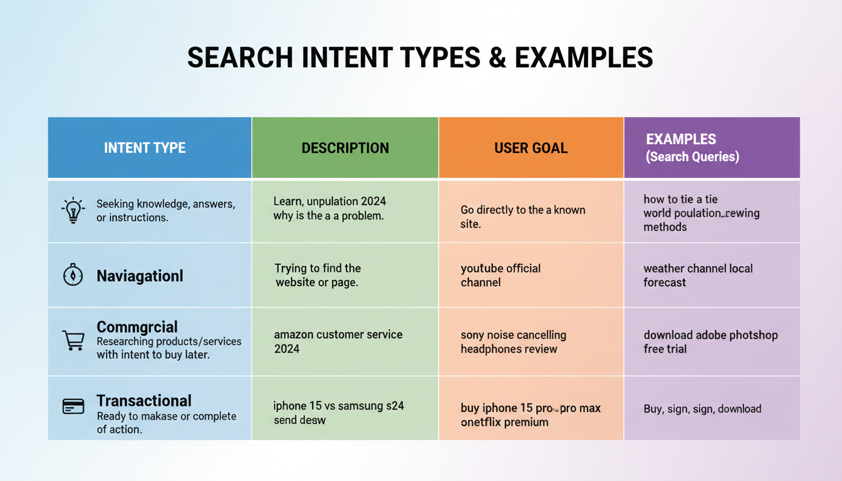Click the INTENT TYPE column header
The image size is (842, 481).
(145, 148)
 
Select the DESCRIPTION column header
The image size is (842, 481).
(345, 148)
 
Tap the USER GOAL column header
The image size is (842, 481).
(531, 148)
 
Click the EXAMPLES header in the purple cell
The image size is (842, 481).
(681, 140)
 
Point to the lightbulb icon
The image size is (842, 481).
(73, 210)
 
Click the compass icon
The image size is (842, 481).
(73, 276)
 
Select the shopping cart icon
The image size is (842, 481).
(73, 341)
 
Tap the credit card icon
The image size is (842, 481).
(73, 406)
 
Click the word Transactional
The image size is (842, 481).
(144, 401)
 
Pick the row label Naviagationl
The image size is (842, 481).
(140, 276)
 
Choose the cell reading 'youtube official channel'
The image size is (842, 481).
(501, 276)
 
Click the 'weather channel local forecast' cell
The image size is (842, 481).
(698, 276)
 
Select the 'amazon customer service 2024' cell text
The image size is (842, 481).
(338, 341)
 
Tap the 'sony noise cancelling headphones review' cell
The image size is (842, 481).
(513, 342)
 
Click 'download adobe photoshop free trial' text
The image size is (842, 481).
(710, 342)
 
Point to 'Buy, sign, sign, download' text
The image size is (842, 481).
(702, 409)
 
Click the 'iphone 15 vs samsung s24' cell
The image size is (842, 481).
(338, 406)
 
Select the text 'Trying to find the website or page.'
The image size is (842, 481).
(318, 276)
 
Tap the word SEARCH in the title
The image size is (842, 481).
(240, 58)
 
